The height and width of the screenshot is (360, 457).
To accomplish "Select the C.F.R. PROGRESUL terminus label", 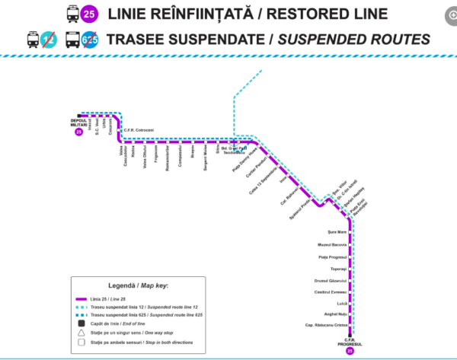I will click(x=350, y=341).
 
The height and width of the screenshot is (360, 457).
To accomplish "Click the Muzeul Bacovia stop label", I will click(x=332, y=245).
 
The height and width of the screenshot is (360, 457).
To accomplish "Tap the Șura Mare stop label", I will click(x=336, y=231).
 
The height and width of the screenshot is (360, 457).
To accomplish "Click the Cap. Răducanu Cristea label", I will click(x=325, y=325).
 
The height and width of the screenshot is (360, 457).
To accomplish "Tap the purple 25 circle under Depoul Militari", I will click(x=78, y=132).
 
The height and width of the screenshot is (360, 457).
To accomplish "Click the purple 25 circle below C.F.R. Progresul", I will click(x=350, y=351).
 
